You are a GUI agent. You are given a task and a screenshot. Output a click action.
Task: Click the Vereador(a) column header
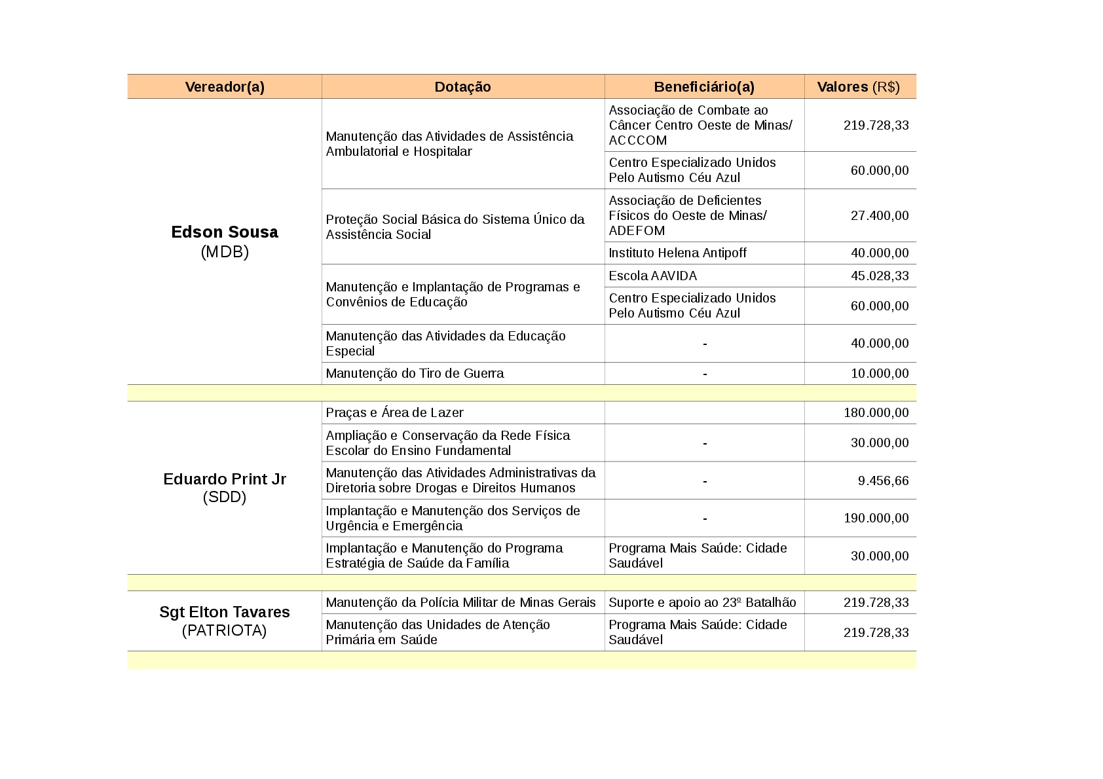(225, 87)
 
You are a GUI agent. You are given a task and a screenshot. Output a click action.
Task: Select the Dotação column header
(462, 87)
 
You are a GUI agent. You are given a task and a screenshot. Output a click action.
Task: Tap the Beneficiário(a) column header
(704, 87)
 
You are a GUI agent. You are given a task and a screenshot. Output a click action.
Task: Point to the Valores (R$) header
(858, 87)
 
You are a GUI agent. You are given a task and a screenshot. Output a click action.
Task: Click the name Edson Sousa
(225, 232)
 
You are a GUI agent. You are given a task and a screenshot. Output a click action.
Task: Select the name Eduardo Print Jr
(225, 479)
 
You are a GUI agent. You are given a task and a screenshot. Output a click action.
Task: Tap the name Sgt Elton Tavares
(225, 612)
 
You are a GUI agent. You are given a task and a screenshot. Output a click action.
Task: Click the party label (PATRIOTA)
(225, 631)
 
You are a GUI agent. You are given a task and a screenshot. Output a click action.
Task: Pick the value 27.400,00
(879, 216)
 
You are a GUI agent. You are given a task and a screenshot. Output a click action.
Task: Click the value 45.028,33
(879, 276)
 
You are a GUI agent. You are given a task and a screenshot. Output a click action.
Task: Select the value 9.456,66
(883, 481)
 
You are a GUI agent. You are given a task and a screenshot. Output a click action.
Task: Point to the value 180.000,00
(876, 413)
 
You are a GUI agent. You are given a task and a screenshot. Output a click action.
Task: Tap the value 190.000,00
(876, 518)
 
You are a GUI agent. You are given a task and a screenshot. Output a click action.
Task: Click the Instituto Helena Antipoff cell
(677, 253)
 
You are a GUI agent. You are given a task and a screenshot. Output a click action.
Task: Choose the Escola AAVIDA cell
(652, 276)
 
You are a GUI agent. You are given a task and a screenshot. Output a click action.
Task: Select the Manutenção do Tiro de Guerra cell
(415, 374)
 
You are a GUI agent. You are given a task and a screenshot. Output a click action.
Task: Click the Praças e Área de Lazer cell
(394, 413)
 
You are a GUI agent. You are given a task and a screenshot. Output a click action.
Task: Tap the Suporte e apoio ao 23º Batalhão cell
(702, 603)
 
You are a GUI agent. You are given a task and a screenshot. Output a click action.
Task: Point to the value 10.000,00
(879, 374)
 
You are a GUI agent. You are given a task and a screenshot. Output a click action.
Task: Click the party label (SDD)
(225, 498)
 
